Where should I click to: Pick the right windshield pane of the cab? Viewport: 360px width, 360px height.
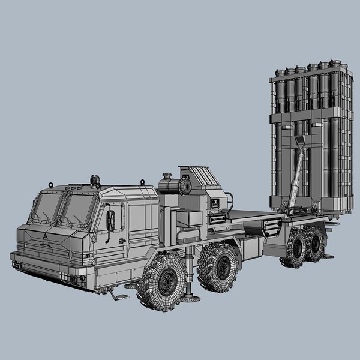[78, 210]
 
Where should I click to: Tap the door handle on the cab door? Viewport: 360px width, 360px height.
[122, 241]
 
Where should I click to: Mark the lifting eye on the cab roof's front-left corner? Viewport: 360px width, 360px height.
[52, 185]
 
